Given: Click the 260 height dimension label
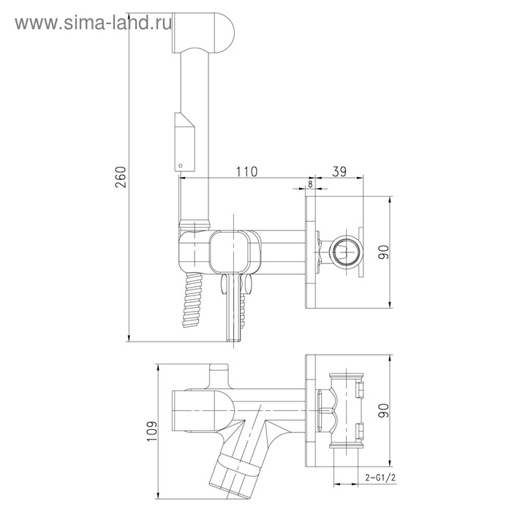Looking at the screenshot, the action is pyautogui.click(x=121, y=177).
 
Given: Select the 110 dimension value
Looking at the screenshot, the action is pyautogui.click(x=246, y=171).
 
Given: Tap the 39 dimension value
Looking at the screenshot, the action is pyautogui.click(x=339, y=171).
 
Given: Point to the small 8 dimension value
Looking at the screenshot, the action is pyautogui.click(x=310, y=184).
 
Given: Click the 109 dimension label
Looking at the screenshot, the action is pyautogui.click(x=152, y=431).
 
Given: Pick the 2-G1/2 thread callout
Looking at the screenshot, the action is pyautogui.click(x=380, y=478).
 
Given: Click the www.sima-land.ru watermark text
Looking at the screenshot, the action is pyautogui.click(x=94, y=23).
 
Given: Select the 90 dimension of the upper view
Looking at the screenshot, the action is pyautogui.click(x=384, y=252).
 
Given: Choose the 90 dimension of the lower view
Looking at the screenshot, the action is pyautogui.click(x=384, y=410).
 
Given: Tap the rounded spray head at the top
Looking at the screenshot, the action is pyautogui.click(x=203, y=32).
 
